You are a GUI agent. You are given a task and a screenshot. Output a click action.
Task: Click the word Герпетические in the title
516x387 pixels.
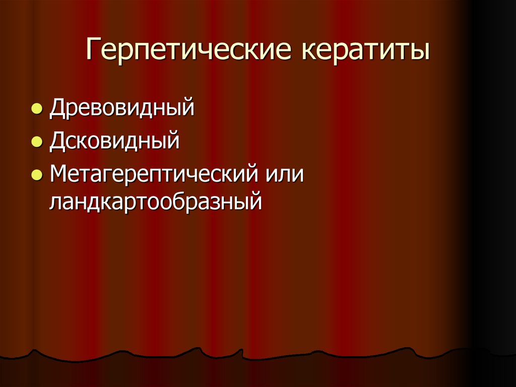click(189, 52)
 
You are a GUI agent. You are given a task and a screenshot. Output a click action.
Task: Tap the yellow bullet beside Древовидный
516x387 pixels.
click(36, 109)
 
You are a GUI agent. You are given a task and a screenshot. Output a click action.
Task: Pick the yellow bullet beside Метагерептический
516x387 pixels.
click(36, 175)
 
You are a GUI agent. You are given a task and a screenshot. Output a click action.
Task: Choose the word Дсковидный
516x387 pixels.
click(114, 142)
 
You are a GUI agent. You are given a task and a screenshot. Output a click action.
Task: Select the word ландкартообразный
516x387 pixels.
click(156, 202)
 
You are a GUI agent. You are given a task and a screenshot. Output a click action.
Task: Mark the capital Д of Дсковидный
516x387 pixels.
click(57, 142)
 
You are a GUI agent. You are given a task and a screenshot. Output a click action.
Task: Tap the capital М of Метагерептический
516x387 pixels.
click(59, 175)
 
